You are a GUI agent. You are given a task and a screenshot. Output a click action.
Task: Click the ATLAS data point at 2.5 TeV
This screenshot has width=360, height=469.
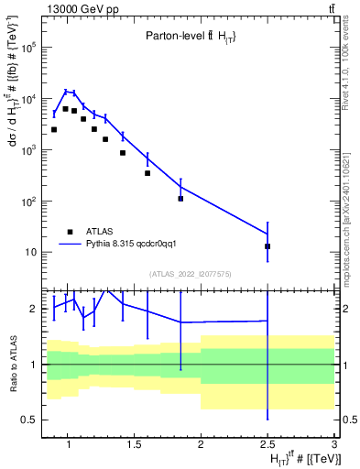267,246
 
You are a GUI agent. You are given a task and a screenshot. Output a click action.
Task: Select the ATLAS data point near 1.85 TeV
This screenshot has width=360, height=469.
180,199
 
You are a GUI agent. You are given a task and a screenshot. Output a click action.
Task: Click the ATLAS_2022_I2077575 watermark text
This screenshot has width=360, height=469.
191,273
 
